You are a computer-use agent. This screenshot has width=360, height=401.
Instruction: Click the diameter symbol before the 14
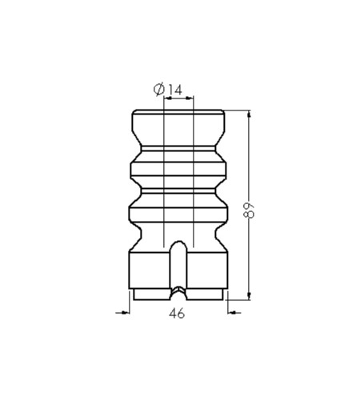[159, 89]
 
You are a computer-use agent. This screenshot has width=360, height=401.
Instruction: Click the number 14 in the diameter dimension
[174, 90]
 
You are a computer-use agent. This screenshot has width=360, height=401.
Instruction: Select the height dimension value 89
[250, 211]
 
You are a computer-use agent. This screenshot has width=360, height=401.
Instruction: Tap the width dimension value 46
[177, 313]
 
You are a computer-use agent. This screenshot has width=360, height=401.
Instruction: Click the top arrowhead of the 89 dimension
[249, 114]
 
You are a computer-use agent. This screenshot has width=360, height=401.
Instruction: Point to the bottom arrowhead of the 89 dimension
[249, 295]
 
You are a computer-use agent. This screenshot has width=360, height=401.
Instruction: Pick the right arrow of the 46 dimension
[234, 312]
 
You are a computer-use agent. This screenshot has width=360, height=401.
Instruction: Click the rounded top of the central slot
[178, 243]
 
